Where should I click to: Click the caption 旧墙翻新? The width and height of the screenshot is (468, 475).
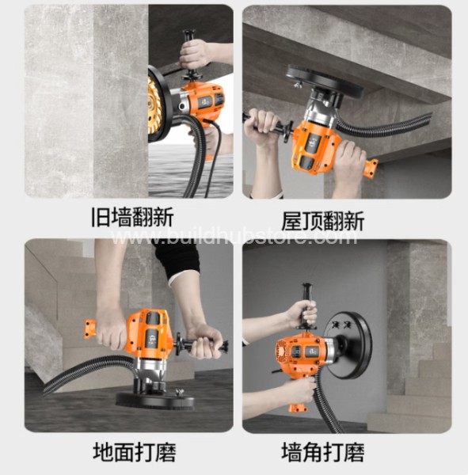tap(132, 217)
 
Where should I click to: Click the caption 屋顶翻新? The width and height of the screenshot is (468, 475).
tap(323, 222)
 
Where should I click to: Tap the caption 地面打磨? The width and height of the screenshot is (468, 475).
tap(135, 452)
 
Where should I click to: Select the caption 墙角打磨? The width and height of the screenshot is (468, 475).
tap(323, 452)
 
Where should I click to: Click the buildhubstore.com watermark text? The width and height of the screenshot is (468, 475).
tap(234, 237)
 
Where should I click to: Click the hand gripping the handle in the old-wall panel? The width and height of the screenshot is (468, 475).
tap(195, 55)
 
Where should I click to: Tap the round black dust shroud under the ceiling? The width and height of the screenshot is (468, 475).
tap(324, 82)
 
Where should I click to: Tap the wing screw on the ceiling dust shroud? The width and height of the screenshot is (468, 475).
tap(297, 85)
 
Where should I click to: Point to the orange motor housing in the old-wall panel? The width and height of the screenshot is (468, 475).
tap(204, 101)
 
